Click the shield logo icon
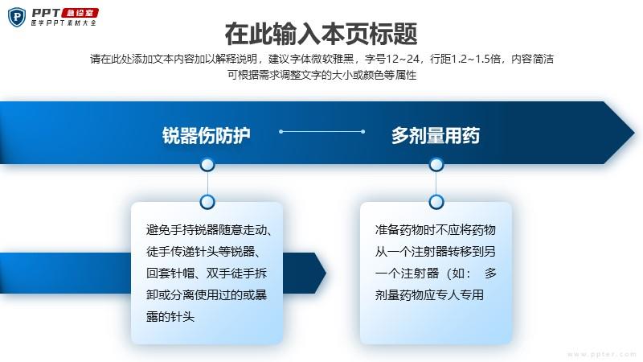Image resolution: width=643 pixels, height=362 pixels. [17, 17]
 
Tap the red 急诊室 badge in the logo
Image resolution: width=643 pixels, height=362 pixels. [80, 13]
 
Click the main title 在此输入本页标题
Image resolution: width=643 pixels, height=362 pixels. [321, 34]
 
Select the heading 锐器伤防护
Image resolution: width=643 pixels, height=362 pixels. [207, 135]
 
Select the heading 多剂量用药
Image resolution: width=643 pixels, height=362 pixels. [436, 135]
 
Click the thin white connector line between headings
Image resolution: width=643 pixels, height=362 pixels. [321, 132]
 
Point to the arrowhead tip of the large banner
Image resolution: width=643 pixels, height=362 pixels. [634, 133]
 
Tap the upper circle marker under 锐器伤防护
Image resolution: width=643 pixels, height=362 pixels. [207, 165]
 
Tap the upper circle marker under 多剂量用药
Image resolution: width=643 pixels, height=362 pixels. [436, 165]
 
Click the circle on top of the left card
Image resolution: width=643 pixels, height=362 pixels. [207, 202]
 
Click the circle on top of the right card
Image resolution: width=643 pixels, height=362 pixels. [436, 202]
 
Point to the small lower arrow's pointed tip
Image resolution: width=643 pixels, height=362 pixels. [326, 273]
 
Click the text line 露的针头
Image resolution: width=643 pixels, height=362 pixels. [170, 317]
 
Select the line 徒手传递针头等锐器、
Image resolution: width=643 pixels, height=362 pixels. [204, 252]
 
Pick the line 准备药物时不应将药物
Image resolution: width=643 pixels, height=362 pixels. [436, 230]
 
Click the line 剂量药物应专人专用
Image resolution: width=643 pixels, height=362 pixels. [429, 295]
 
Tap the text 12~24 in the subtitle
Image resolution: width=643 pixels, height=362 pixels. [403, 59]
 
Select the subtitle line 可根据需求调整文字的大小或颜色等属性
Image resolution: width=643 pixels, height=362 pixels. [322, 75]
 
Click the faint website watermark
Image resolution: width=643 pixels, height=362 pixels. [602, 354]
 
